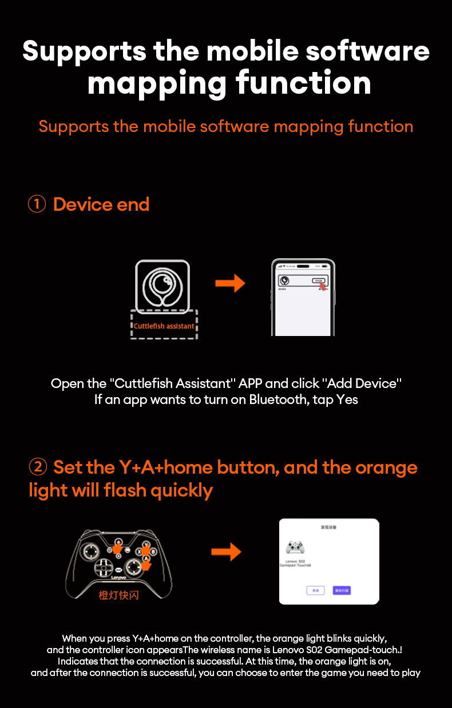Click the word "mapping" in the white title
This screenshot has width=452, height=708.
click(156, 83)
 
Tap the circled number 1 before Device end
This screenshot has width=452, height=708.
click(37, 204)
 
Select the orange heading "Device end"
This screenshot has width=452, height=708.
click(101, 204)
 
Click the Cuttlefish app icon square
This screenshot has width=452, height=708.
click(162, 286)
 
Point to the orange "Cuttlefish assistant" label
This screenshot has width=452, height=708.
click(164, 326)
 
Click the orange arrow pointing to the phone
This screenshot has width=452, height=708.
click(230, 283)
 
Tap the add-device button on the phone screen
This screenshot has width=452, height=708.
click(318, 281)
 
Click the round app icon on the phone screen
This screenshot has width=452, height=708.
click(284, 281)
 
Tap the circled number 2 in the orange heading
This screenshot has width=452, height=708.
click(38, 467)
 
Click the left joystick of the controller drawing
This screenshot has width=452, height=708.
click(91, 551)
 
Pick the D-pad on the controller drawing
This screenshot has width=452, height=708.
click(104, 567)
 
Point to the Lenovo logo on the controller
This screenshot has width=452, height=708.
click(118, 578)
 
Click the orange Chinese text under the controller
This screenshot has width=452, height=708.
click(118, 595)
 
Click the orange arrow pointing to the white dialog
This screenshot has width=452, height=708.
click(226, 552)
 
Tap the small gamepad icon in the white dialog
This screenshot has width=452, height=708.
click(295, 547)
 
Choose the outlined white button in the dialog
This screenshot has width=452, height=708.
click(315, 590)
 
